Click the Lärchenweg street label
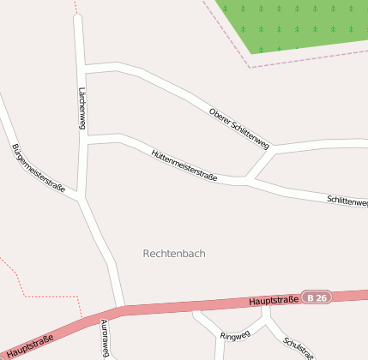pyautogui.click(x=82, y=108)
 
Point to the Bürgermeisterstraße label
pyautogui.click(x=39, y=169)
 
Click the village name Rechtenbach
pyautogui.click(x=174, y=254)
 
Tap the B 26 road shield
pyautogui.click(x=317, y=297)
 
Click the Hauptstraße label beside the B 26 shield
pyautogui.click(x=274, y=300)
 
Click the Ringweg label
pyautogui.click(x=235, y=334)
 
